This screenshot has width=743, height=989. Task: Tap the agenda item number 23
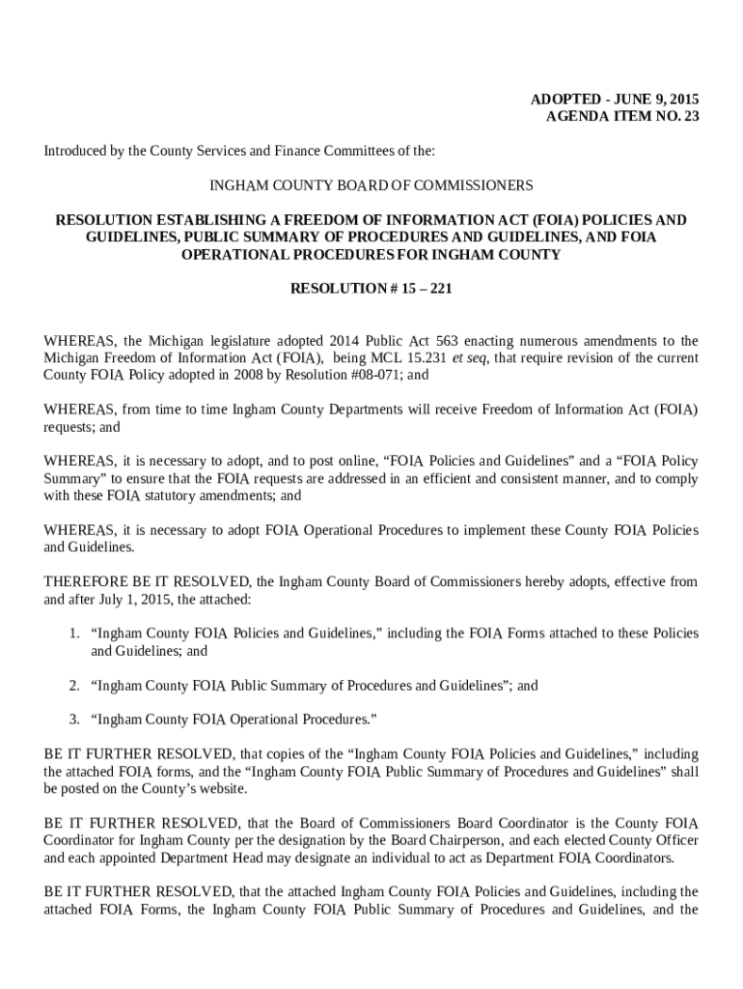[x=689, y=117]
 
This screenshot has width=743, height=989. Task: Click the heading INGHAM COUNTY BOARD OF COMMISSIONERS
[x=371, y=184]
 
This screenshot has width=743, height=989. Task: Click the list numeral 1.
[x=73, y=634]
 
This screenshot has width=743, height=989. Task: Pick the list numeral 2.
[x=73, y=686]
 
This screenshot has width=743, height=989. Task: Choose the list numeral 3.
[x=73, y=720]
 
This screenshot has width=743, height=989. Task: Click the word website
[x=219, y=788]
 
